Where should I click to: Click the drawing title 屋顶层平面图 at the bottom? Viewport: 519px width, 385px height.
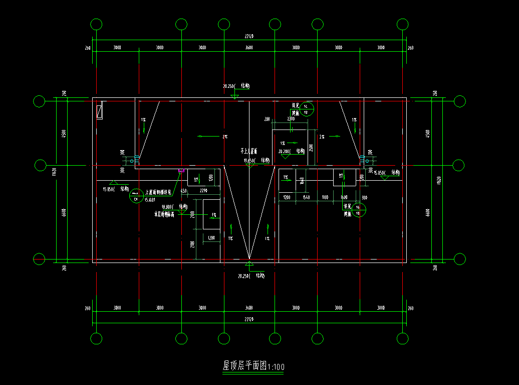tap(245, 366)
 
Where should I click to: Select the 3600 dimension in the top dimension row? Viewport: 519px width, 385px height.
tap(249, 48)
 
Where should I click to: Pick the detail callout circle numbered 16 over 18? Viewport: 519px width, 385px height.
tap(358, 210)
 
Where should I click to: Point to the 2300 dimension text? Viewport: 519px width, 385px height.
tap(290, 119)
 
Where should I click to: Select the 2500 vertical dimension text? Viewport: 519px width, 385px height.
tap(311, 148)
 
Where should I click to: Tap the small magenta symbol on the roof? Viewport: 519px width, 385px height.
tap(181, 172)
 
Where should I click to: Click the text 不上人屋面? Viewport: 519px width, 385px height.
tap(248, 151)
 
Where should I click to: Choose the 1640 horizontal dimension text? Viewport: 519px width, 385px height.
tap(307, 198)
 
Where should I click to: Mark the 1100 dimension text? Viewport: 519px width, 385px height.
tap(325, 198)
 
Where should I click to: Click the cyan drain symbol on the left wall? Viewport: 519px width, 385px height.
tap(133, 161)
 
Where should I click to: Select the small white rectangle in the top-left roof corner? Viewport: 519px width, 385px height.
tap(100, 111)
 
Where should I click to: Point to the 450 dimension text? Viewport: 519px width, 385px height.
tap(183, 191)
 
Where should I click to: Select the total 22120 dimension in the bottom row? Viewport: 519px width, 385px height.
tap(249, 319)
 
